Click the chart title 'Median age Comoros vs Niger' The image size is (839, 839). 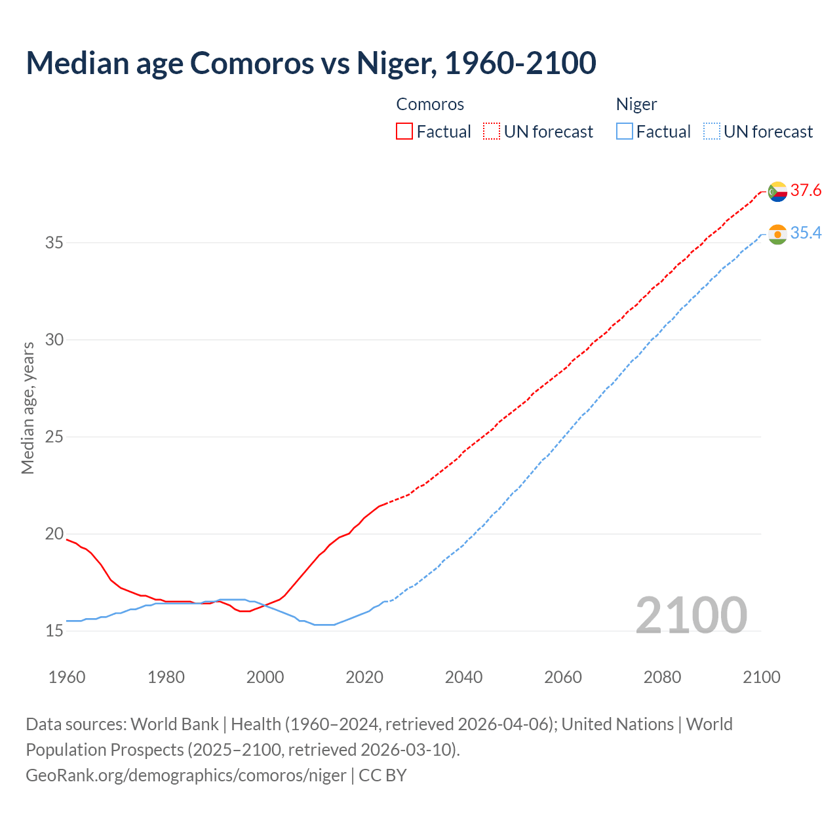[x=311, y=63]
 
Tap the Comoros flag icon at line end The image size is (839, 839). [x=777, y=191]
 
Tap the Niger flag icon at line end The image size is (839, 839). [x=777, y=234]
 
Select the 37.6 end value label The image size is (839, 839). [x=806, y=191]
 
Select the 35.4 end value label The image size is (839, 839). [x=806, y=233]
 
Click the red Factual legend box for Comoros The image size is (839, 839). [x=404, y=132]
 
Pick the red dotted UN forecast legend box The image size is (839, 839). [x=492, y=132]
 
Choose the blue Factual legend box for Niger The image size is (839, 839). [x=625, y=132]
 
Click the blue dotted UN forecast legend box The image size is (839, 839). [x=711, y=132]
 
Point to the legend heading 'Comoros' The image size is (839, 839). [x=430, y=104]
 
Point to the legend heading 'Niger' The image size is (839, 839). [x=636, y=104]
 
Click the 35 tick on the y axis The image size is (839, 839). [x=54, y=243]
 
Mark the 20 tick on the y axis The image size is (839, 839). [x=54, y=534]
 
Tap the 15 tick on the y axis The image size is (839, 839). [x=54, y=631]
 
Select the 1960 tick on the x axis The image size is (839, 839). [x=67, y=677]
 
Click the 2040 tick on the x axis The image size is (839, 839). [x=463, y=677]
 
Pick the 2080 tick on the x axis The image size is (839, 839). [x=662, y=677]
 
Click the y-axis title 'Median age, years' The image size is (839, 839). [x=28, y=408]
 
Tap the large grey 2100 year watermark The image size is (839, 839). [x=691, y=615]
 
